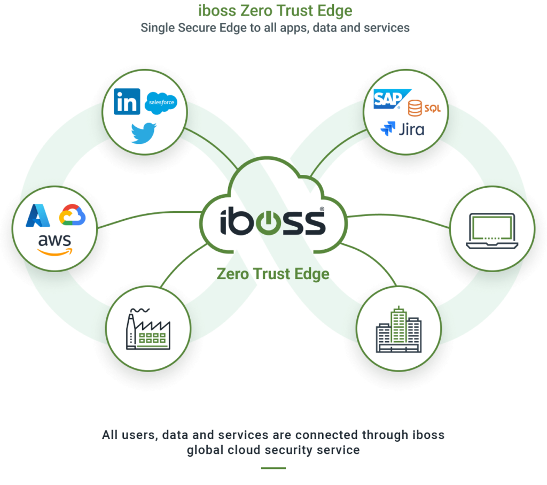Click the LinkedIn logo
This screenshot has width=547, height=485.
[x=127, y=102]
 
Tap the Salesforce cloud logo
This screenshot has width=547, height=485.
[x=161, y=103]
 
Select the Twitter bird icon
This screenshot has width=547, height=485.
[x=144, y=133]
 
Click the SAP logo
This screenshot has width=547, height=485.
[x=392, y=99]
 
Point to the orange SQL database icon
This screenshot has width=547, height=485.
[x=424, y=108]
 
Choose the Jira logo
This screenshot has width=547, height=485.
[x=402, y=129]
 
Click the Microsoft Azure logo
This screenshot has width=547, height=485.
[x=38, y=215]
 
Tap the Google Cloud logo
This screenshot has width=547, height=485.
[x=72, y=215]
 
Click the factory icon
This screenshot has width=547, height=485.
[x=149, y=329]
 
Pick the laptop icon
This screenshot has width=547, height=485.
[x=492, y=231]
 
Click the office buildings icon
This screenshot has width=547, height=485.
[x=398, y=329]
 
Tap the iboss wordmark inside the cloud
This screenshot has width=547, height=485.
[x=273, y=221]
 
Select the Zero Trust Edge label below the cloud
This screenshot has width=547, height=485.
[x=273, y=274]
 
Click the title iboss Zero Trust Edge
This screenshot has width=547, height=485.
[x=275, y=11]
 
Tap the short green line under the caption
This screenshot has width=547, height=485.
[x=273, y=468]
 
